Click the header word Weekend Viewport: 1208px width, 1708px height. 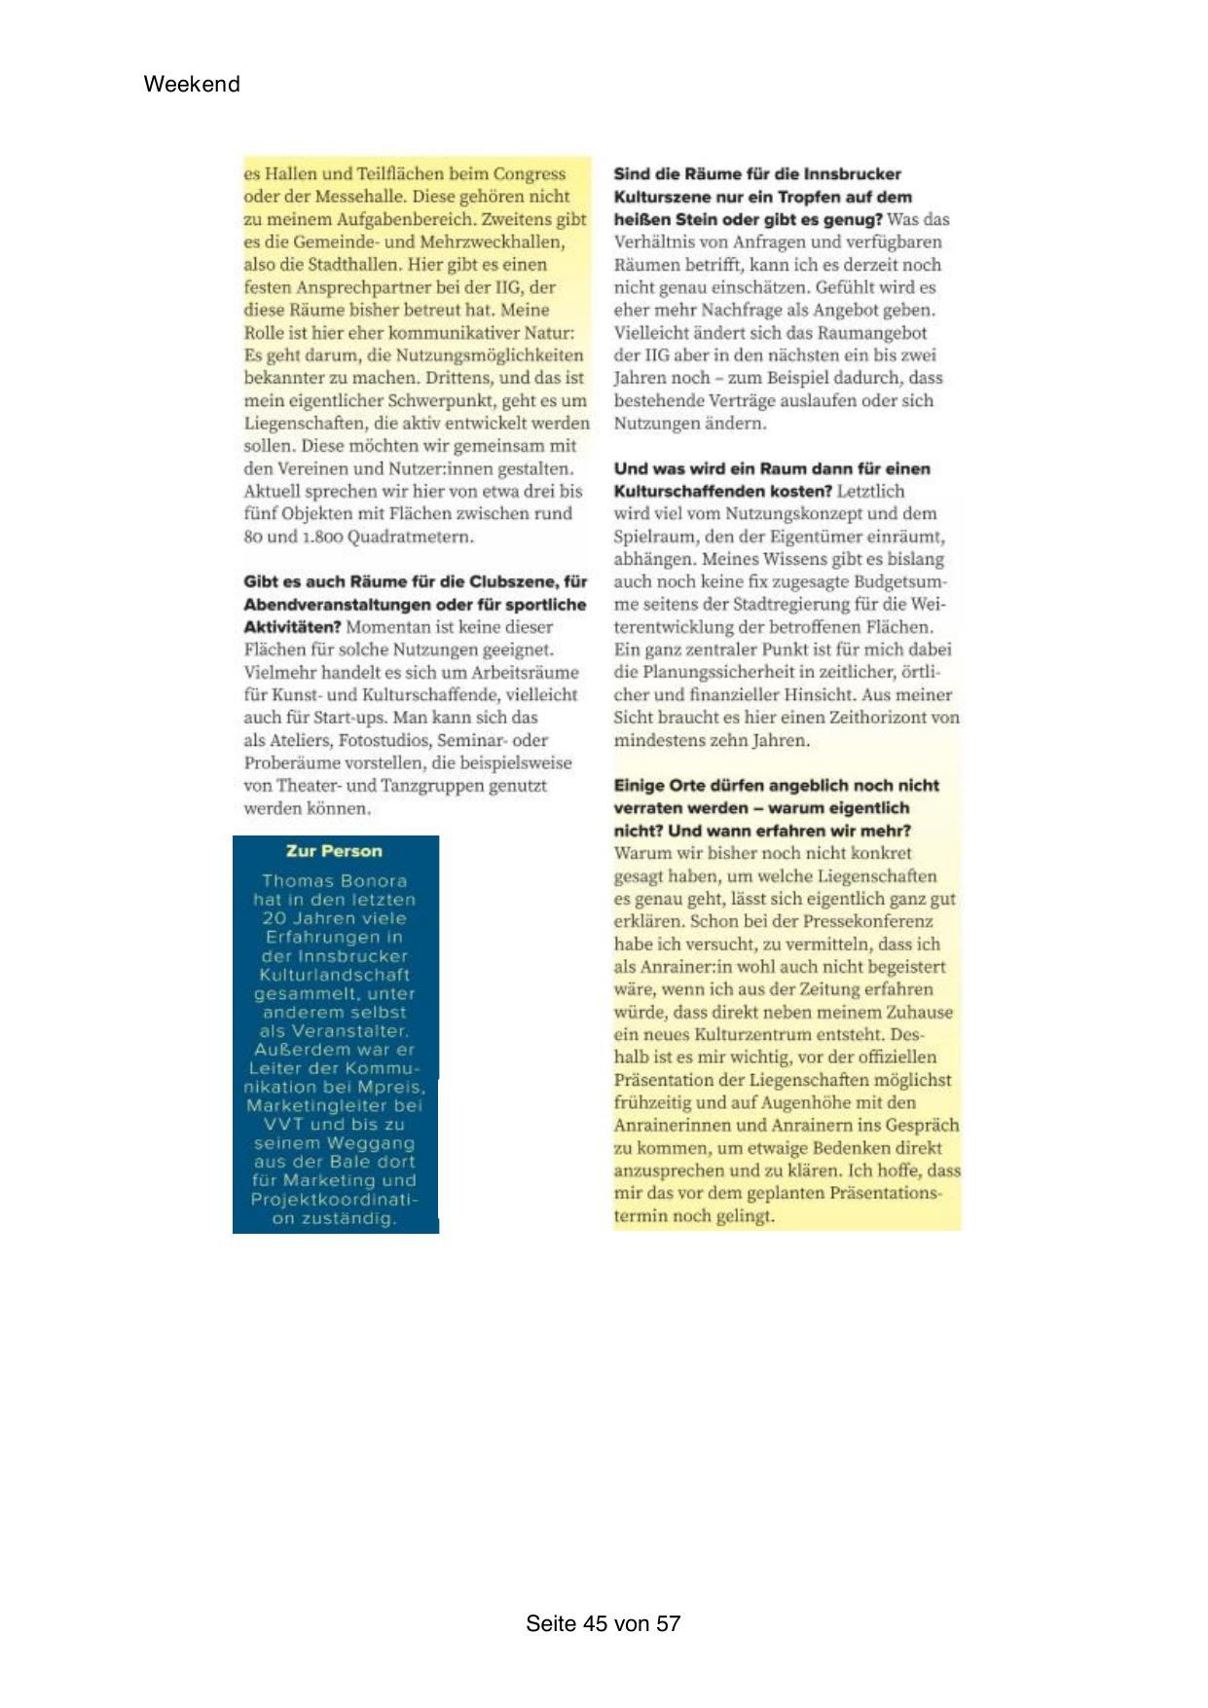pos(192,84)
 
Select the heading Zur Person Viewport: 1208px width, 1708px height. pos(334,851)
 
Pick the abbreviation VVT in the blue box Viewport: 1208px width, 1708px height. pos(284,1124)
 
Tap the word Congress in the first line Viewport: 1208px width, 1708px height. pos(530,174)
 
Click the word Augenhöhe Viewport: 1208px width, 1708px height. pos(838,1102)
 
